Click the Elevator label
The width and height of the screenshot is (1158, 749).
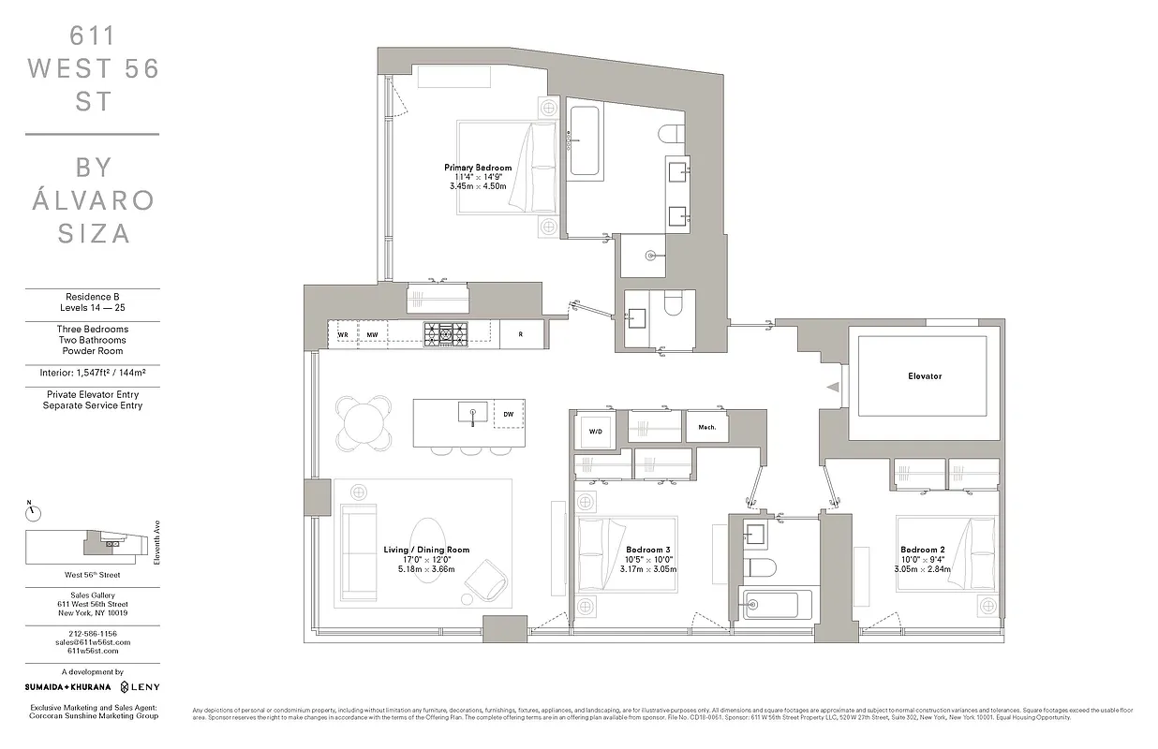coord(925,376)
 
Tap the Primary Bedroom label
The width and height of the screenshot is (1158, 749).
coord(477,168)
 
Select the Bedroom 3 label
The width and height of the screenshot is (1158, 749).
coord(647,550)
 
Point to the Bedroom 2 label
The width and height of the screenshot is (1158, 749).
coord(921,550)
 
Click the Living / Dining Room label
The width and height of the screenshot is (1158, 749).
coord(426,550)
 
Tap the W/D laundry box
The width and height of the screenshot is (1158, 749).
coord(595,432)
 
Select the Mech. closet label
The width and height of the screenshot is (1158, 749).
coord(706,427)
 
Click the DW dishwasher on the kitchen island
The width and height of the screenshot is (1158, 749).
coord(508,413)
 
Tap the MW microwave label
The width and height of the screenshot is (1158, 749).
coord(372,334)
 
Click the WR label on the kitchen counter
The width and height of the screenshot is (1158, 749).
coord(343,334)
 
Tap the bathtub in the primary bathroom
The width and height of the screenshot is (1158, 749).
coord(585,140)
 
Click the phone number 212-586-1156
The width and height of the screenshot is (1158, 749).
coord(92,634)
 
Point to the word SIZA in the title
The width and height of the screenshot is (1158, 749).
coord(92,233)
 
